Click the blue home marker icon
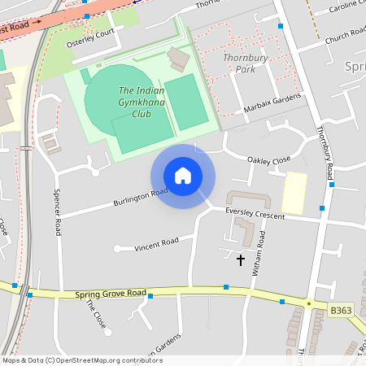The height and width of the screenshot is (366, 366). (x=183, y=176)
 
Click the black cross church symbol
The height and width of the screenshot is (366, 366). (x=240, y=260)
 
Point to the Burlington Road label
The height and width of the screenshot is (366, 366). (x=140, y=196)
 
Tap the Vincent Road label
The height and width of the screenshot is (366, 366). (x=156, y=242)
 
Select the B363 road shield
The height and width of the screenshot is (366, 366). (x=342, y=311)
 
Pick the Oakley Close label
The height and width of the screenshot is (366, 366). (x=268, y=161)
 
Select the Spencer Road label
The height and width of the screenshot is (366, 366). (x=58, y=212)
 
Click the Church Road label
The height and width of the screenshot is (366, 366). (x=345, y=37)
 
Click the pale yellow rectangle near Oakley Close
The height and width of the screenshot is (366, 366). (x=294, y=193)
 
